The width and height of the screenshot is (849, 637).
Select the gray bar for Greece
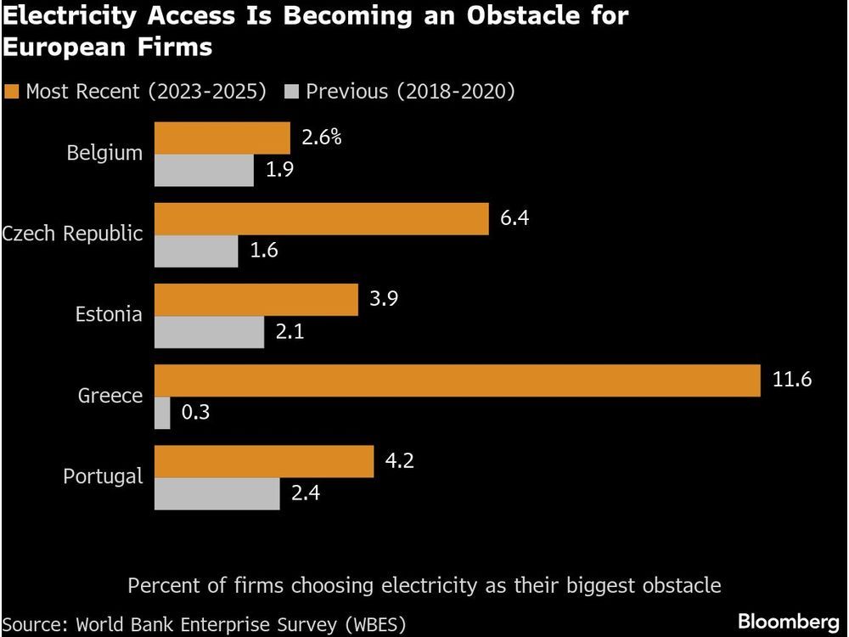point(162,413)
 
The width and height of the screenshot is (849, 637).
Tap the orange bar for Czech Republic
point(321,219)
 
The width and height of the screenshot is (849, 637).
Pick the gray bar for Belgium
point(204,171)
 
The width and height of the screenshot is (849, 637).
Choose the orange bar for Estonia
point(256,300)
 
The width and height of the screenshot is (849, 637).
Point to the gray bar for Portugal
point(217,493)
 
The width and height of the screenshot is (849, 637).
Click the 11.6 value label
point(792,380)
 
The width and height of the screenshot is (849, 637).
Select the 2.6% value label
point(321,137)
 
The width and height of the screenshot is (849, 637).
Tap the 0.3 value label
point(195,413)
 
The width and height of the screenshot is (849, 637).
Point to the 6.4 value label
point(514,218)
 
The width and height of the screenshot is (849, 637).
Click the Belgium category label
point(105,154)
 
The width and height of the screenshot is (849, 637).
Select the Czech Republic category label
point(72,234)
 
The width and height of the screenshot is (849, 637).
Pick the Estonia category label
point(109,315)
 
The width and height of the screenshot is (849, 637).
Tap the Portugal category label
point(104,476)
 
